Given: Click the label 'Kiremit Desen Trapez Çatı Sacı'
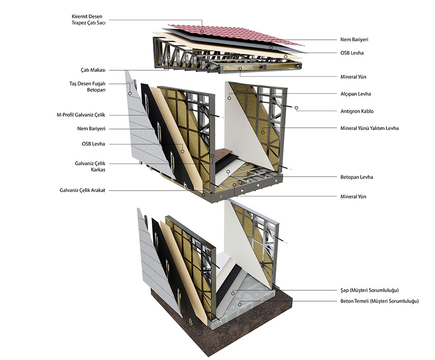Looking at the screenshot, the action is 88,19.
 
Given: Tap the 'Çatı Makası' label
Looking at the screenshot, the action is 93,70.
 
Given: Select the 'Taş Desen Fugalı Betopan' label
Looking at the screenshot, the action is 87,86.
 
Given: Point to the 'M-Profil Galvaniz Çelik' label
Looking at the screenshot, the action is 81,115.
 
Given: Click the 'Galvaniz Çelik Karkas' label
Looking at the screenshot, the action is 90,166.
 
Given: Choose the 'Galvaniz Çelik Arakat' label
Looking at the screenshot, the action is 82,190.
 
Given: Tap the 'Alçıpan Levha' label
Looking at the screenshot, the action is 356,94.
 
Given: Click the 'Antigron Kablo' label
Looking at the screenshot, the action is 357,111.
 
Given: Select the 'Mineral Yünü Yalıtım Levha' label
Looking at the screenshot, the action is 370,128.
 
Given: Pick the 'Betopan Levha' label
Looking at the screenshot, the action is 357,177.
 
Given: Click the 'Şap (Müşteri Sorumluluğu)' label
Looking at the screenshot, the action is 370,290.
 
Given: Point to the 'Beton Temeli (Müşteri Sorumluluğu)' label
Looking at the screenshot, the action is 380,301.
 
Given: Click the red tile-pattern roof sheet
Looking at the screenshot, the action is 236,35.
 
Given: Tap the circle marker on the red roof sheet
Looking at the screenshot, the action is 202,32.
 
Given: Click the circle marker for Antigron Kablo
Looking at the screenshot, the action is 296,108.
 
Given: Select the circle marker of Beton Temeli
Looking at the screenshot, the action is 240,304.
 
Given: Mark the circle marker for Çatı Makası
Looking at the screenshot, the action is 169,57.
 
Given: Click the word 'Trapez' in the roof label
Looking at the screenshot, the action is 79,23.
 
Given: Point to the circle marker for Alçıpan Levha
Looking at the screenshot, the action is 229,98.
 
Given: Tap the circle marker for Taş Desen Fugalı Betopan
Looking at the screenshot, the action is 130,93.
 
